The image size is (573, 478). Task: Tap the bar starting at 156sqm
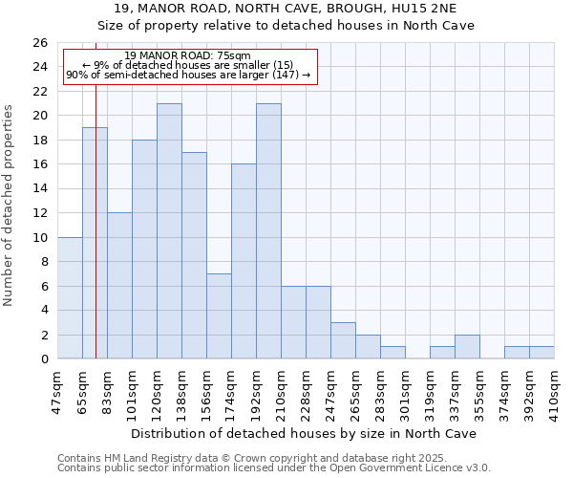219,316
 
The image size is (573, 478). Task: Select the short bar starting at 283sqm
393,353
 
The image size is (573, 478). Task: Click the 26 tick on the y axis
39,43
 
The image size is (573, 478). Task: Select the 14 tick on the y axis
39,189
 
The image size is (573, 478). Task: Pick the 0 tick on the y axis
43,359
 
